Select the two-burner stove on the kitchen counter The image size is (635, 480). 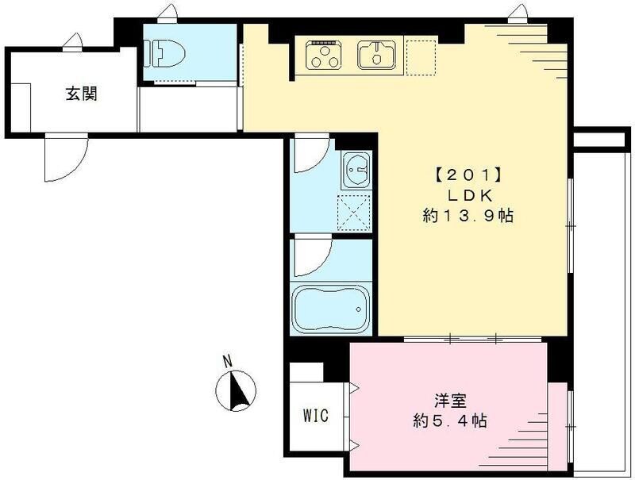pos(323,54)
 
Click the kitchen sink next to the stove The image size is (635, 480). pos(375,54)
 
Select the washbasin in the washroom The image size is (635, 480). pos(355,169)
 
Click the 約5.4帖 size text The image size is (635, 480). pos(448,421)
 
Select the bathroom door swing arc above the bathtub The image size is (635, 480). pos(310,256)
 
